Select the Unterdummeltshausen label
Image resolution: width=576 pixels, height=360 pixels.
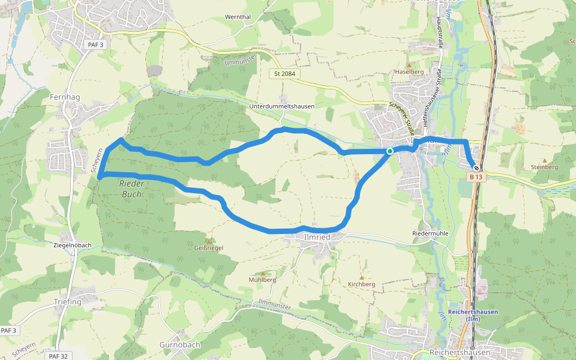281,106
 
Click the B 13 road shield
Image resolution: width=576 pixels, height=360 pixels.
476,177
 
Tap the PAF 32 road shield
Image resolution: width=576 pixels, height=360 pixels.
58,356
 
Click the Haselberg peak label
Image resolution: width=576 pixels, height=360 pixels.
409,71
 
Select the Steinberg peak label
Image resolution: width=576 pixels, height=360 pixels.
544,167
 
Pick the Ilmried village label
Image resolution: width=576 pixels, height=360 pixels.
317,237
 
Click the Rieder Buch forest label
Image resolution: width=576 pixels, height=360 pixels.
131,188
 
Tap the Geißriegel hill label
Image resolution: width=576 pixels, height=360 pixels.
209,248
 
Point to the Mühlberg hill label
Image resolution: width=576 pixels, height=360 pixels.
262,280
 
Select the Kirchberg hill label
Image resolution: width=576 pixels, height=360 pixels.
361,284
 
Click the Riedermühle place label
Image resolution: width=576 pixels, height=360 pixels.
430,233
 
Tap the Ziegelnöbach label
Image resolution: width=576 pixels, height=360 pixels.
72,245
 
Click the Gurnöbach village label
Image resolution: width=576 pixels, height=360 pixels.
180,345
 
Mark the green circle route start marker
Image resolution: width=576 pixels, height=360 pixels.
389,151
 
